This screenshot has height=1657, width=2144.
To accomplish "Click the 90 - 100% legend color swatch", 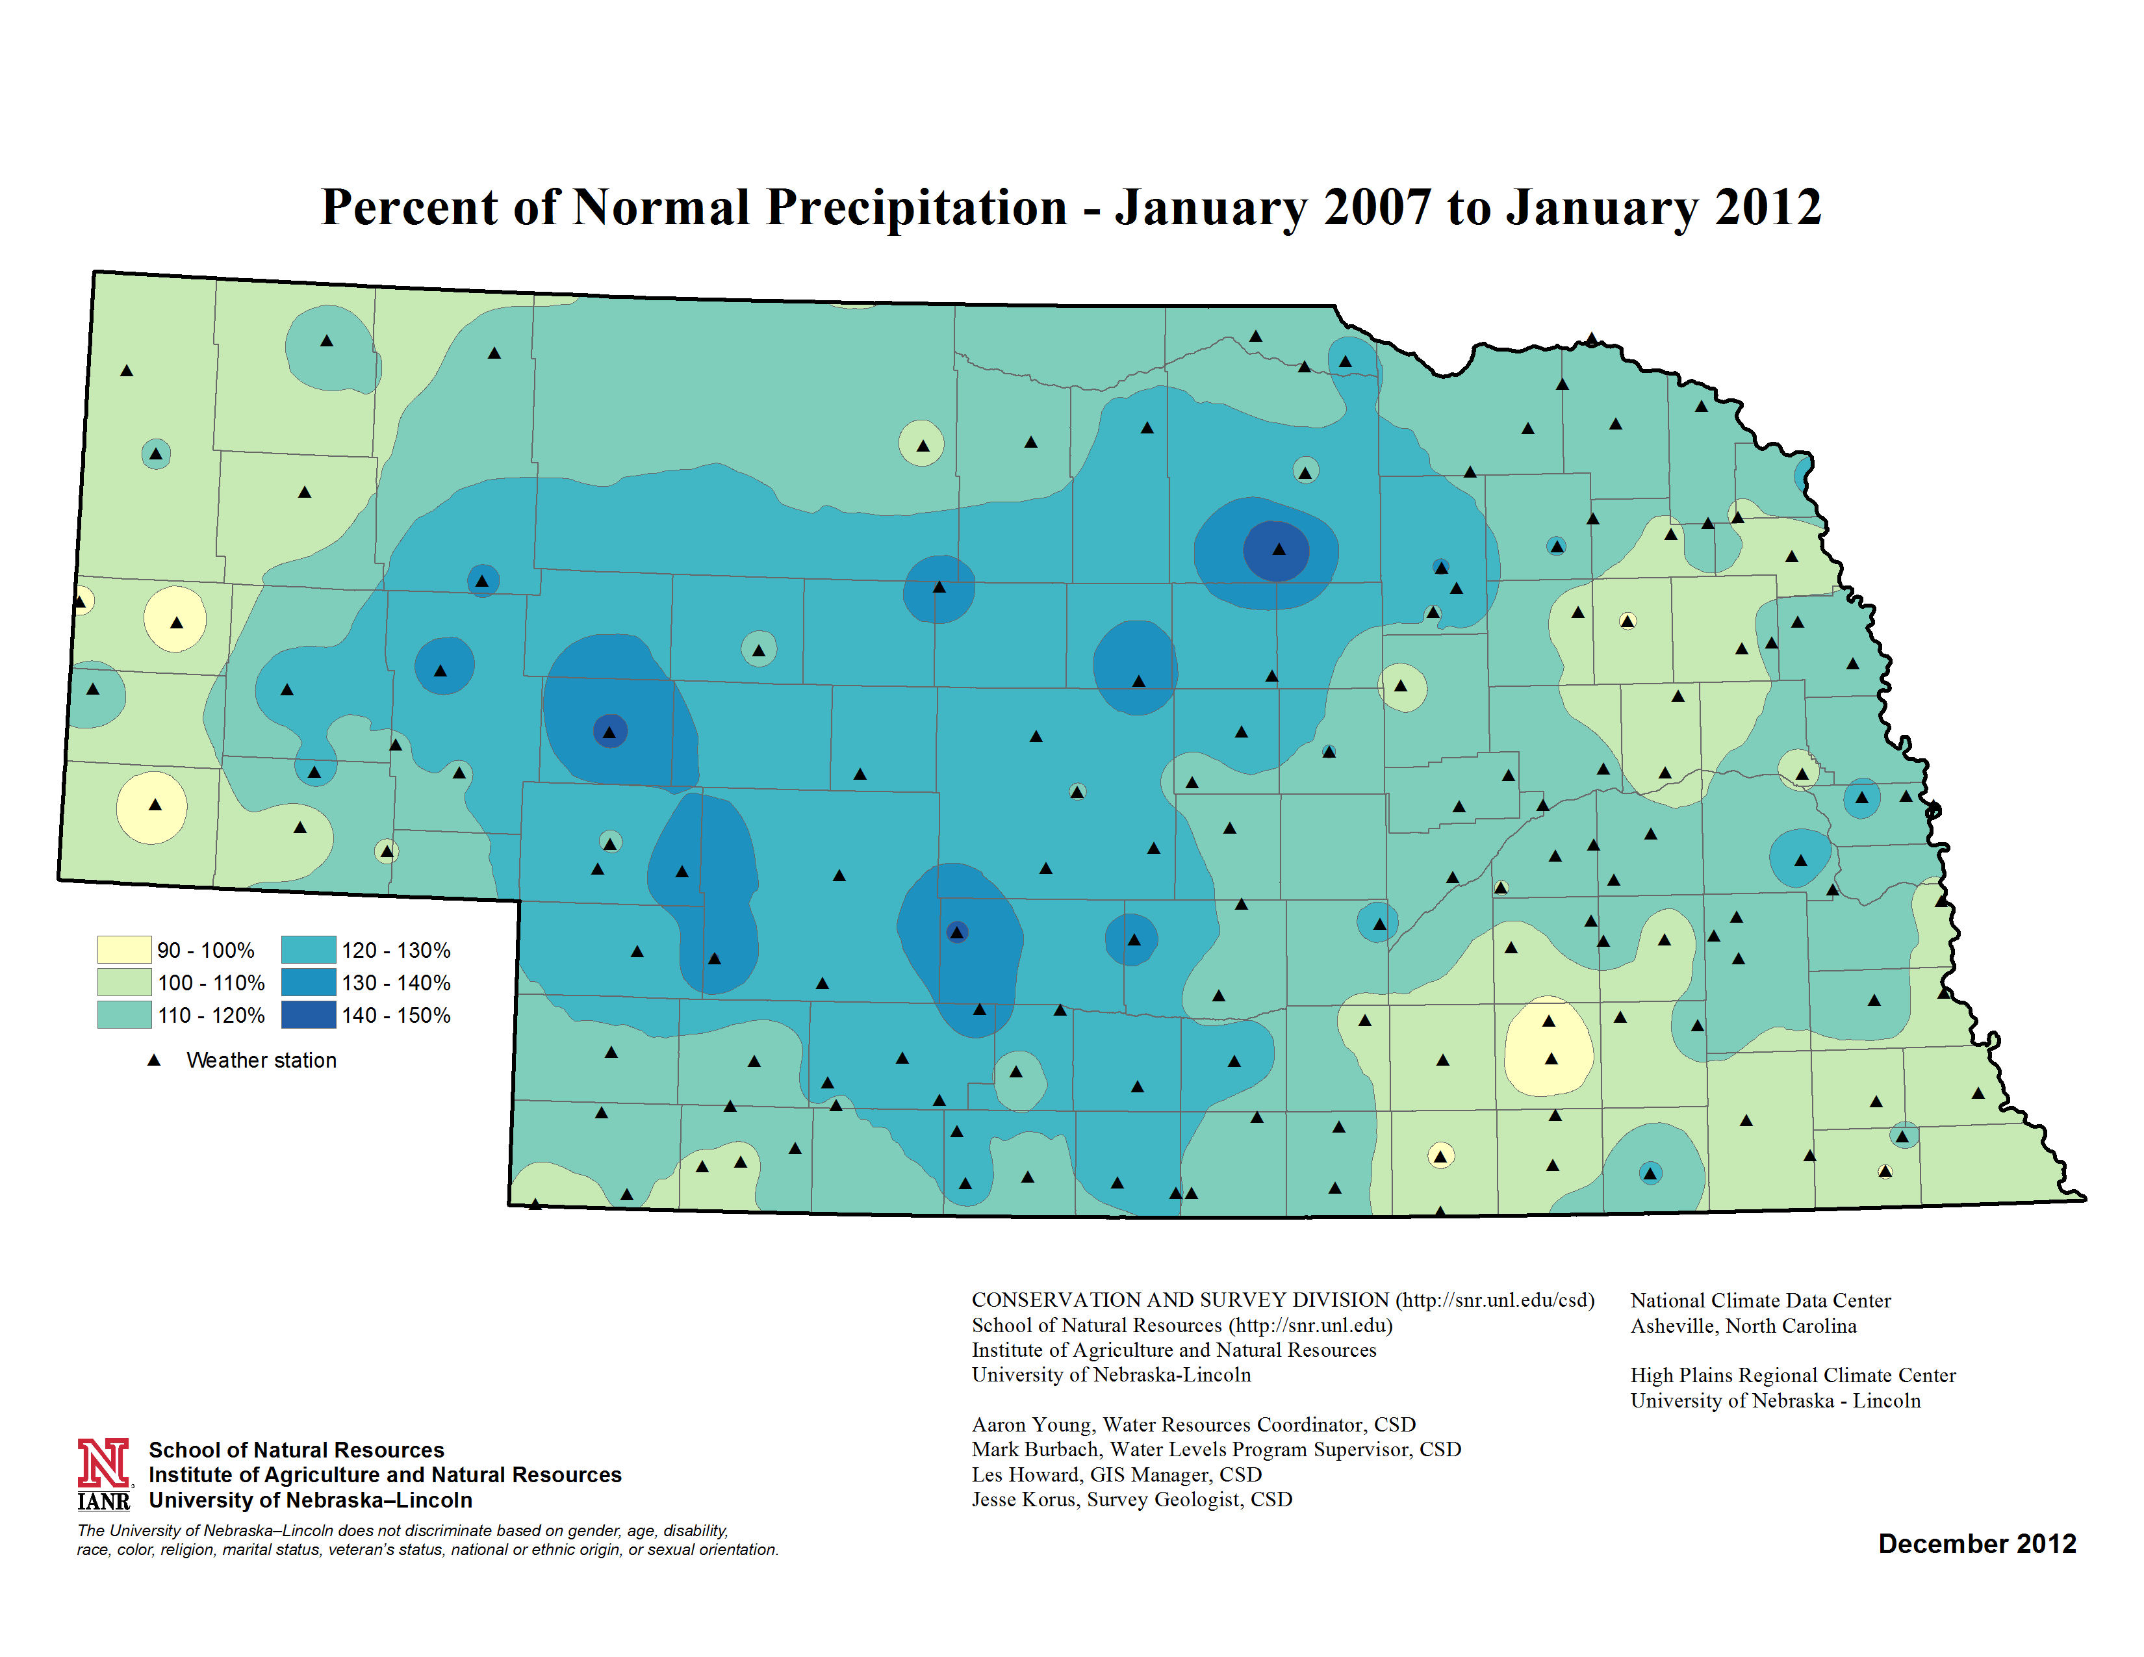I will click(123, 949).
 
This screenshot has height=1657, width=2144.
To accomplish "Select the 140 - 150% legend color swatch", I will click(308, 1014).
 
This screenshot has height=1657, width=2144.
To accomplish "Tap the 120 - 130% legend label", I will click(396, 950).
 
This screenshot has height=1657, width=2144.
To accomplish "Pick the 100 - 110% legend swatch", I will click(123, 982).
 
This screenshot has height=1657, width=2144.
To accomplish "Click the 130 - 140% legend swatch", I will click(308, 982).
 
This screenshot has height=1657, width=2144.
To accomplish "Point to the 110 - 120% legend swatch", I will click(123, 1014).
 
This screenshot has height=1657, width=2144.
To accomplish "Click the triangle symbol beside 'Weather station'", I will click(154, 1060).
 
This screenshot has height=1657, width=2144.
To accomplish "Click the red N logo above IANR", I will click(103, 1463).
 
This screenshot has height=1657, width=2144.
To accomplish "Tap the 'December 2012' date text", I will click(1976, 1544).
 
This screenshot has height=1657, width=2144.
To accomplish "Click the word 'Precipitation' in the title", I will click(917, 208).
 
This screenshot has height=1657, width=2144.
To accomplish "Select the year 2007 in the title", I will click(1376, 208).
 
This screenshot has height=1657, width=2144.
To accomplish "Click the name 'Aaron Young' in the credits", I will click(1031, 1424).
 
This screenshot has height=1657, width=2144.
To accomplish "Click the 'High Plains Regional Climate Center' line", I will click(1793, 1375).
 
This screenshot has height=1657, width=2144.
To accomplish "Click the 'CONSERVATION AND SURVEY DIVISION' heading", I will click(1180, 1300).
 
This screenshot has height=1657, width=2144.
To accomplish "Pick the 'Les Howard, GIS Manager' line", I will click(1116, 1474).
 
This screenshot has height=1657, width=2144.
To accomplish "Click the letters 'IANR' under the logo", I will click(103, 1501).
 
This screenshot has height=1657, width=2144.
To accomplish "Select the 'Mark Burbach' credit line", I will click(1216, 1449).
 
